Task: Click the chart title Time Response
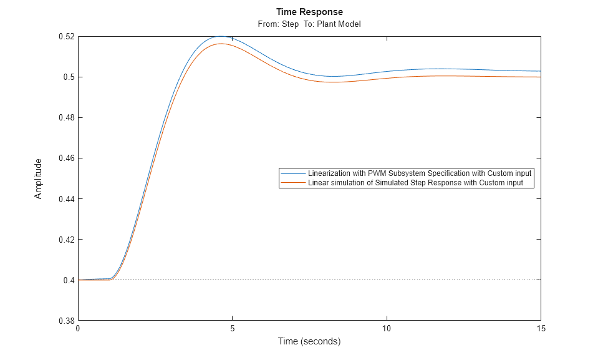pos(309,12)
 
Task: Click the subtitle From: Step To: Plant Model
pos(309,24)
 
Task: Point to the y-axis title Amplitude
pos(39,178)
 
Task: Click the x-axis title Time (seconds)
pos(309,341)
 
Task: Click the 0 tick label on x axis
pos(78,329)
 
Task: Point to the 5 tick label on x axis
pos(232,329)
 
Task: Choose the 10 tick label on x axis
pos(387,329)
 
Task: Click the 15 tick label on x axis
pos(541,329)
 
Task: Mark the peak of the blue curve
pos(220,36)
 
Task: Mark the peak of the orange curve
pos(221,44)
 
